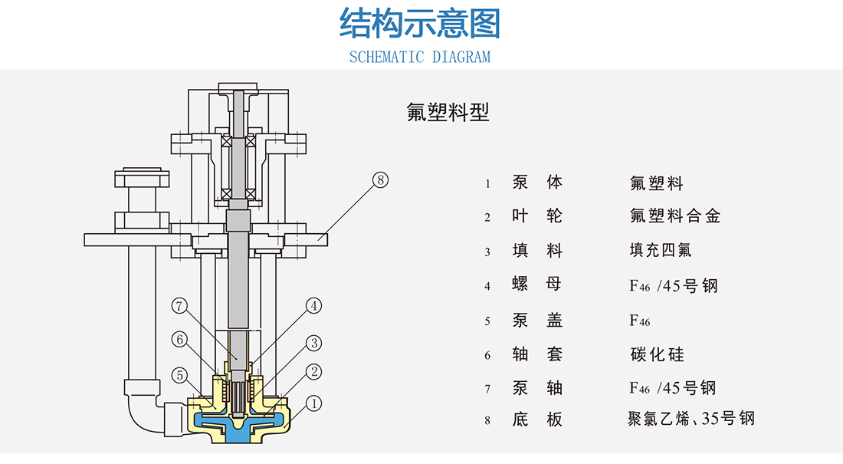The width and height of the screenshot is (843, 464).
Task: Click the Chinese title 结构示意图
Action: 420,24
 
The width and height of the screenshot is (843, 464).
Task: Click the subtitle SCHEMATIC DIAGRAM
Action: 420,57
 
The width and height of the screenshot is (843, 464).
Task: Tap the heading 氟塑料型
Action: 448,113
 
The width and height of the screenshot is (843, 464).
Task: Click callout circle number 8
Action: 381,180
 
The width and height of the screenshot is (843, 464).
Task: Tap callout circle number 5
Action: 179,376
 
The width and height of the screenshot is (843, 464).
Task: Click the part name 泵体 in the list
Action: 537,183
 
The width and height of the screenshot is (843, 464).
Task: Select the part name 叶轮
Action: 537,216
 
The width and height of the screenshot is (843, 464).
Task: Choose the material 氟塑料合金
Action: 675,216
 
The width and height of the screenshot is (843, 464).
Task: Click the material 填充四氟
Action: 661,251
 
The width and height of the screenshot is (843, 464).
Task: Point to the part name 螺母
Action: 537,285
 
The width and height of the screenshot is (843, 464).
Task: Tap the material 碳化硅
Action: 656,354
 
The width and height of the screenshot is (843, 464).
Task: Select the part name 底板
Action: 537,419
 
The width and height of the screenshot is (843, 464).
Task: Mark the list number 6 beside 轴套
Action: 487,356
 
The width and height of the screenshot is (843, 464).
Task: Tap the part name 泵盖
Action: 537,321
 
